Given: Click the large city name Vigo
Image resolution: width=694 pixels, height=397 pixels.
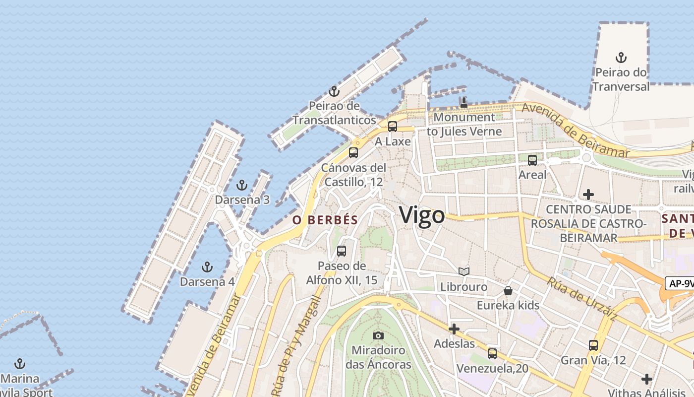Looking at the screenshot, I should pyautogui.click(x=422, y=216).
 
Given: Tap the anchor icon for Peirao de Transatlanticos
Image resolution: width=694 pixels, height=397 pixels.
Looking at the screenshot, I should pyautogui.click(x=334, y=91).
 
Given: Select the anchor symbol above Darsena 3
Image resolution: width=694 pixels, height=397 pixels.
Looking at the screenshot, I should pyautogui.click(x=241, y=186).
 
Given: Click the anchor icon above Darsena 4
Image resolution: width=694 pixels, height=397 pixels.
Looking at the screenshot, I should pyautogui.click(x=207, y=267).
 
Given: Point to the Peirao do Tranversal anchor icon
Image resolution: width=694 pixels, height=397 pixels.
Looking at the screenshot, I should pyautogui.click(x=621, y=58).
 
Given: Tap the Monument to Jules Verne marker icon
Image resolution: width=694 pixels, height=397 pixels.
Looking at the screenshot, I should pyautogui.click(x=463, y=103).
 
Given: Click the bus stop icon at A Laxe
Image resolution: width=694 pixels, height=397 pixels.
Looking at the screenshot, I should pyautogui.click(x=393, y=127).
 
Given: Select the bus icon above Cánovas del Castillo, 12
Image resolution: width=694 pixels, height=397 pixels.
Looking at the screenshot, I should pyautogui.click(x=353, y=153).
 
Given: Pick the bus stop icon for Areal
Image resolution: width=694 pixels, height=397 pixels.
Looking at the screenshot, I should pyautogui.click(x=532, y=160).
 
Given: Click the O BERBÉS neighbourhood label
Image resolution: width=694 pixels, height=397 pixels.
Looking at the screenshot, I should pyautogui.click(x=325, y=220).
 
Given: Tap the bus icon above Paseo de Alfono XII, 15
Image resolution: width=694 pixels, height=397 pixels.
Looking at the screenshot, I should pyautogui.click(x=342, y=251).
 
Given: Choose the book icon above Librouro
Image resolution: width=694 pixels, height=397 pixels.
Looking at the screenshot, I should pyautogui.click(x=464, y=272).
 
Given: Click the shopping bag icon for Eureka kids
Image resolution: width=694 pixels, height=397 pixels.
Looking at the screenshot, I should pyautogui.click(x=508, y=291).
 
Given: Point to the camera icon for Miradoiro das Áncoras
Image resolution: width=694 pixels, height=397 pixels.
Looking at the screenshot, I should pyautogui.click(x=378, y=335).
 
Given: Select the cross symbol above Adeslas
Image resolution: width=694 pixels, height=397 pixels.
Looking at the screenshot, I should pyautogui.click(x=454, y=329).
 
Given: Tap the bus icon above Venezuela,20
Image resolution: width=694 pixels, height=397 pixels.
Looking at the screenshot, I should pyautogui.click(x=492, y=354).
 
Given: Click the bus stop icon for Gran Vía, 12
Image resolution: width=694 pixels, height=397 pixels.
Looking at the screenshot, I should pyautogui.click(x=593, y=345).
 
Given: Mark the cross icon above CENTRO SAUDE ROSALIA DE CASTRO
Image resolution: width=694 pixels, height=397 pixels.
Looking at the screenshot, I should pyautogui.click(x=588, y=195).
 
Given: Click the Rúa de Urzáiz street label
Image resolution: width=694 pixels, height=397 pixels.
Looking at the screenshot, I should pyautogui.click(x=582, y=298).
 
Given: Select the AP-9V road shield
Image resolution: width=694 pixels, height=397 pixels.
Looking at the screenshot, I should pyautogui.click(x=680, y=283).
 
